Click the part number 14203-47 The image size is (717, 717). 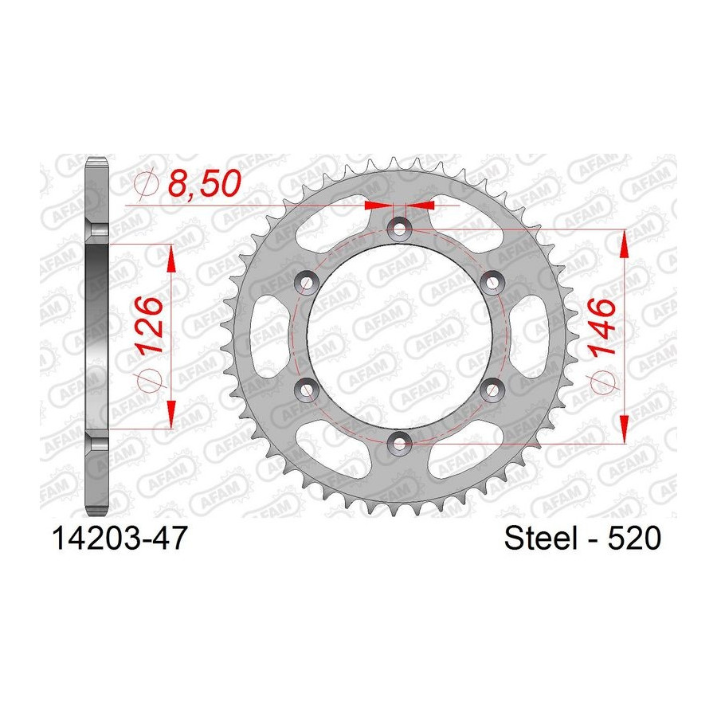[120, 539]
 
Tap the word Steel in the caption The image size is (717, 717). [540, 539]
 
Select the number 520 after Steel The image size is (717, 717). [634, 539]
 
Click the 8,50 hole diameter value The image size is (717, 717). [204, 183]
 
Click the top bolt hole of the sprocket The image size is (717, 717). [400, 228]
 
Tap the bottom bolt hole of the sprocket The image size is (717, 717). [400, 442]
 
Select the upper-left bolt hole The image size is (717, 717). [307, 282]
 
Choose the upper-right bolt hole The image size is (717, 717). [492, 282]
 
